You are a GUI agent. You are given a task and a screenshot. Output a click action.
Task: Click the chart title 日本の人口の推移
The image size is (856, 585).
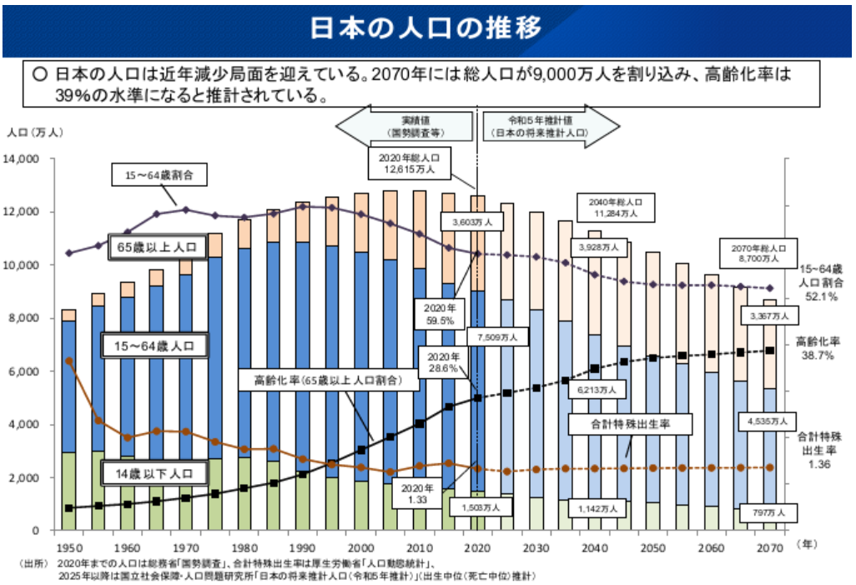coord(425,28)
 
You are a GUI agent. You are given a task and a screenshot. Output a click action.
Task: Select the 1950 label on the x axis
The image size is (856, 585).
coord(68,547)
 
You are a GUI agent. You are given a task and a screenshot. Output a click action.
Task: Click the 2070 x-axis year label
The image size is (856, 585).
coord(770,547)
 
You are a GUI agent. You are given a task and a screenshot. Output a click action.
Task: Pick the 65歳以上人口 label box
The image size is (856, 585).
coord(157,247)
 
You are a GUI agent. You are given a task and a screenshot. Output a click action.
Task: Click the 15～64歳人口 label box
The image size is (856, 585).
coord(154,345)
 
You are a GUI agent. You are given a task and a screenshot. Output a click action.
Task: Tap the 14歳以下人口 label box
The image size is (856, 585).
coord(154,473)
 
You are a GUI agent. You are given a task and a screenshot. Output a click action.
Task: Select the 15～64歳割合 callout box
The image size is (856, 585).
coord(159,174)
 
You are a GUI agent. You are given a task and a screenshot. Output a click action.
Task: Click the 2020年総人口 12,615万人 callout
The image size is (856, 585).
coord(410,164)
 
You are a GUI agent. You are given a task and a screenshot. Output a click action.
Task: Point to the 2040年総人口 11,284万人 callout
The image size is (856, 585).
coord(615,208)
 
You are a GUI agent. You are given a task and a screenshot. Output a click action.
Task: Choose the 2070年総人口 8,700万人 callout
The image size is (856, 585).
coord(758,254)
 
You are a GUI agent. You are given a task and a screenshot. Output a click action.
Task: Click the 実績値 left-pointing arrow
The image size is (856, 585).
coord(405,127)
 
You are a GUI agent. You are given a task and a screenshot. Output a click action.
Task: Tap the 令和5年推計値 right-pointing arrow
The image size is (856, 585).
coord(551,127)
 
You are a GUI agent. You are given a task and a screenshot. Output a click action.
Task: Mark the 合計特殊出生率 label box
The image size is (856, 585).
coord(630,424)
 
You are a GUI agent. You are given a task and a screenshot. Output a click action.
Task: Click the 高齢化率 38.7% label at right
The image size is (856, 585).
coord(818,349)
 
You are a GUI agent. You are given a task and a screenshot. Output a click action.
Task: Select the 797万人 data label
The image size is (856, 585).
coord(768,512)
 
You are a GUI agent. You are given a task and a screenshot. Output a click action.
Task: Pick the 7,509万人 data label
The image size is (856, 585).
coord(497,337)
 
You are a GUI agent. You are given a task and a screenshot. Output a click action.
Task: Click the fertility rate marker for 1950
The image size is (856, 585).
coord(68,361)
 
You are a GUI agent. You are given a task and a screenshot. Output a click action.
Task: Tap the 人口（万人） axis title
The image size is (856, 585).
coord(35,133)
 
